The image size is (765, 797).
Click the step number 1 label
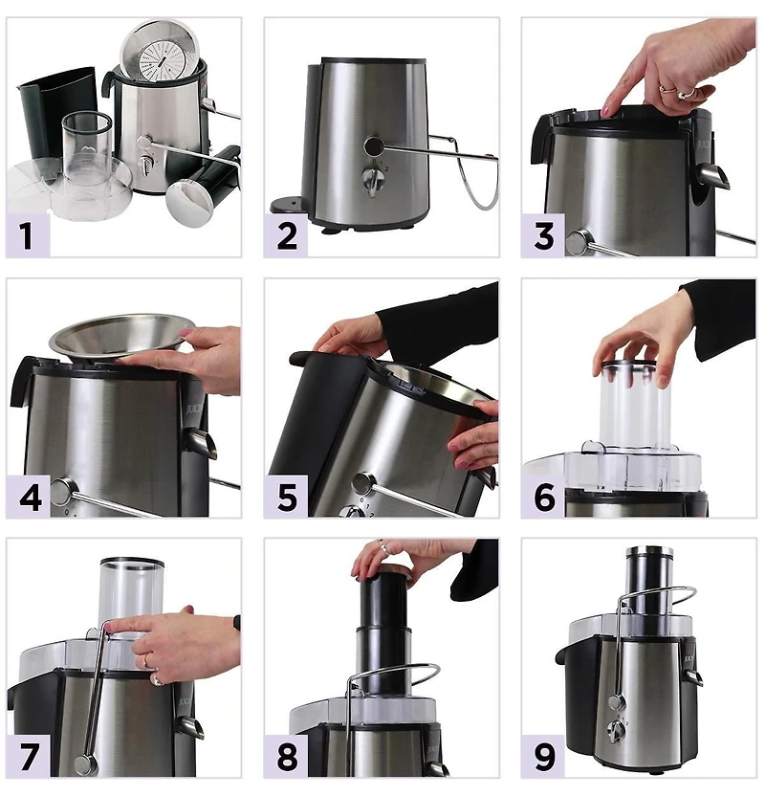click(x=28, y=235)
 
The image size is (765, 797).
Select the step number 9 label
click(x=543, y=757)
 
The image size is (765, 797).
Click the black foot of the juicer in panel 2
click(x=285, y=205)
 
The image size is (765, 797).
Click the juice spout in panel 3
click(x=713, y=175)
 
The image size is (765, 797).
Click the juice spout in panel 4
click(x=202, y=442)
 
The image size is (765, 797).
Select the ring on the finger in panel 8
click(x=382, y=547)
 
